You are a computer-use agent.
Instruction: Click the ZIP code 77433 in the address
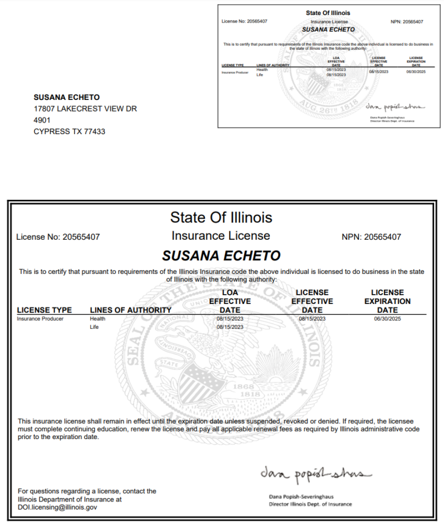94,131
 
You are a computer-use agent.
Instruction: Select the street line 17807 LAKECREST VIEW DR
85,109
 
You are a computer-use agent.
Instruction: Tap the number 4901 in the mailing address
42,120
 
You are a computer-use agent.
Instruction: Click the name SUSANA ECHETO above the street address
66,97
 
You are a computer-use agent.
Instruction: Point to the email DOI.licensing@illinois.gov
57,507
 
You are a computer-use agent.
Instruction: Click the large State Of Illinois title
221,218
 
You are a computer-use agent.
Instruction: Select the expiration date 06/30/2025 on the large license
387,318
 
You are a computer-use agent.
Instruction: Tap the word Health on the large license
98,318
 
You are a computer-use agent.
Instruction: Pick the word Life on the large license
95,327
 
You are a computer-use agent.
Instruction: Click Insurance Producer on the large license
40,318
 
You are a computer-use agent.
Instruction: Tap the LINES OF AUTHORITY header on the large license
131,310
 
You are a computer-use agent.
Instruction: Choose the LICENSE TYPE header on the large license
45,310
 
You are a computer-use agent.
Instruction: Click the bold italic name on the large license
221,255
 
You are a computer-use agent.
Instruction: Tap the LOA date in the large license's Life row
230,327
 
